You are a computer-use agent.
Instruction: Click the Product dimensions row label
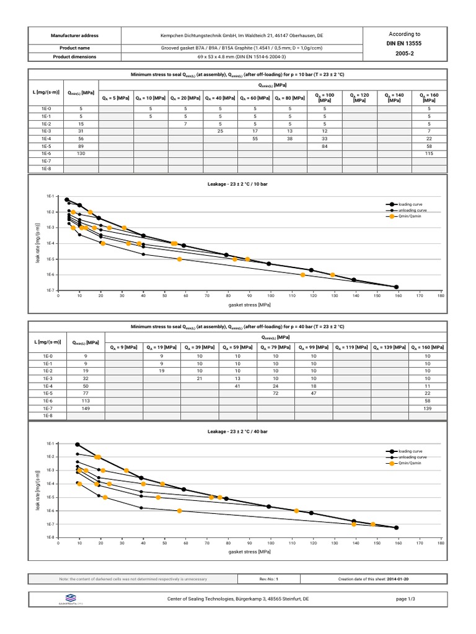[x=74, y=56]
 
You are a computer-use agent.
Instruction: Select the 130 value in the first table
[x=81, y=153]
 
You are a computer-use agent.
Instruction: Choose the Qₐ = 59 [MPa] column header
[x=238, y=347]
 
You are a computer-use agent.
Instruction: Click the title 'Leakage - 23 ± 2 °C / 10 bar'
[x=237, y=185]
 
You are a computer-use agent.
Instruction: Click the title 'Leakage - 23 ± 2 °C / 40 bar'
[x=237, y=431]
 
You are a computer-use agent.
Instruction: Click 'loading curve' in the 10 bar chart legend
[x=412, y=204]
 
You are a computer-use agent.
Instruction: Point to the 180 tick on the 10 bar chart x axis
[x=441, y=296]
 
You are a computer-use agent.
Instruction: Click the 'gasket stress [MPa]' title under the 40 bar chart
[x=249, y=551]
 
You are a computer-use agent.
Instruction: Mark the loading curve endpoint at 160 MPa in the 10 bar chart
[x=397, y=287]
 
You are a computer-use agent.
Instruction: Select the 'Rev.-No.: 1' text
[x=268, y=579]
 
